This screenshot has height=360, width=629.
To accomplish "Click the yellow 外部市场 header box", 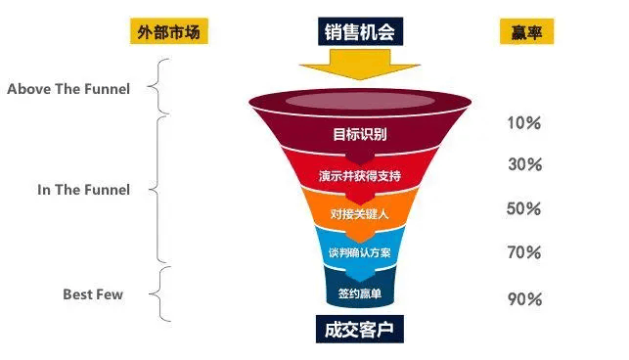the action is tap(169, 31).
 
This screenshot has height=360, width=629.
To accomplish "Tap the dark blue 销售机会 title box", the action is tap(360, 31).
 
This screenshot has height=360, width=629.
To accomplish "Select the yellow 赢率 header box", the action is tap(526, 31).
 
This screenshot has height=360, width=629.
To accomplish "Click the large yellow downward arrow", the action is tap(360, 65).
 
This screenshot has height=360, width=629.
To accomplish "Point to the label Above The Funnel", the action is tap(68, 89).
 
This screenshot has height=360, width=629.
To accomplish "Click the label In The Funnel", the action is tap(83, 190).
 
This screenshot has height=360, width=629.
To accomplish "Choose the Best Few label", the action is tap(93, 294).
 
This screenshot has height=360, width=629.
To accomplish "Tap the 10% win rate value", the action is tap(524, 123).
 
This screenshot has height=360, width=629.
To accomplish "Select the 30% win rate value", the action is tap(524, 164).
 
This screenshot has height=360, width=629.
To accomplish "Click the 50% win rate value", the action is tap(524, 208).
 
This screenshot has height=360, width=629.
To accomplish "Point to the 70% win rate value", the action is tap(524, 252).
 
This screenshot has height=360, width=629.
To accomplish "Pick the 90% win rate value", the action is tap(524, 299).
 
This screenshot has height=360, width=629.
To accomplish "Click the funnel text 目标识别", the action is tap(360, 134).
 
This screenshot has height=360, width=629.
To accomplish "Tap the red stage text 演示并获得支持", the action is tap(360, 176).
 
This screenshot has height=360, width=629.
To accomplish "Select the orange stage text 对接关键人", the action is tap(360, 214).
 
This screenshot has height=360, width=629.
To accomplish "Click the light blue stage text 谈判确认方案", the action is tap(360, 252).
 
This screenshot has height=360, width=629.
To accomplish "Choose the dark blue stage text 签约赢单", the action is tap(360, 293).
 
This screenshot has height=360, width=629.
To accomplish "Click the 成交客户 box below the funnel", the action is tap(360, 329).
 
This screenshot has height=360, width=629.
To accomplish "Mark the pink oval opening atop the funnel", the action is tap(360, 101).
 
